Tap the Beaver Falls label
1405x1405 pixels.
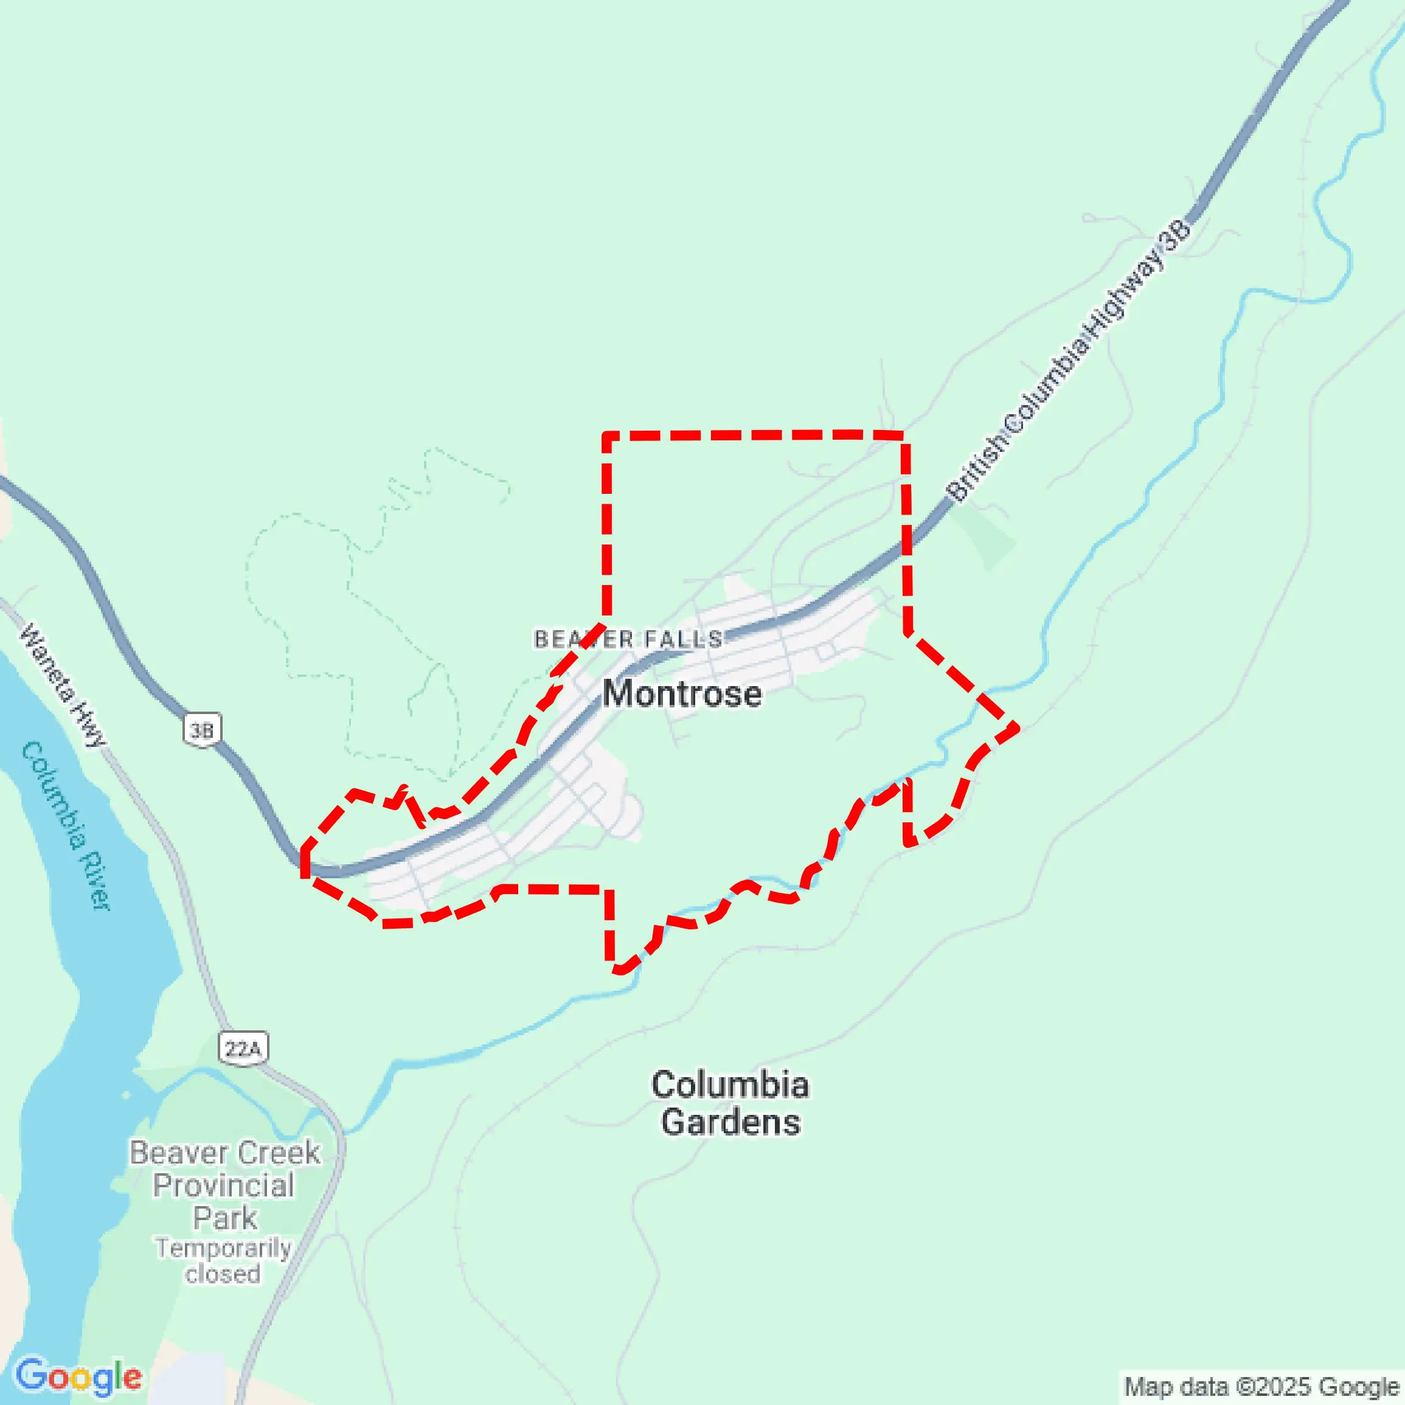pyautogui.click(x=628, y=639)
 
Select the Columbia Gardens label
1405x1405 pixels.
pyautogui.click(x=729, y=1103)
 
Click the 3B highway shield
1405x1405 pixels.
pyautogui.click(x=201, y=729)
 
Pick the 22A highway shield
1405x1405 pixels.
pyautogui.click(x=243, y=1049)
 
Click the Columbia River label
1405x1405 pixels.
pyautogui.click(x=67, y=825)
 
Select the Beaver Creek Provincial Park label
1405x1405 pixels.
pyautogui.click(x=224, y=1185)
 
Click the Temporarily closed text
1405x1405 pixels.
pyautogui.click(x=223, y=1261)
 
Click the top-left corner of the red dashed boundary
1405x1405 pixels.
pyautogui.click(x=606, y=436)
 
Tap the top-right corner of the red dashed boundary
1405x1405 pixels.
pyautogui.click(x=904, y=435)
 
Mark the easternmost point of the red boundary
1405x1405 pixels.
pyautogui.click(x=1015, y=726)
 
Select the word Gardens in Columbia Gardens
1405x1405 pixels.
pyautogui.click(x=731, y=1122)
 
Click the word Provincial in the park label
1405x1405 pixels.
pyautogui.click(x=223, y=1185)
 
